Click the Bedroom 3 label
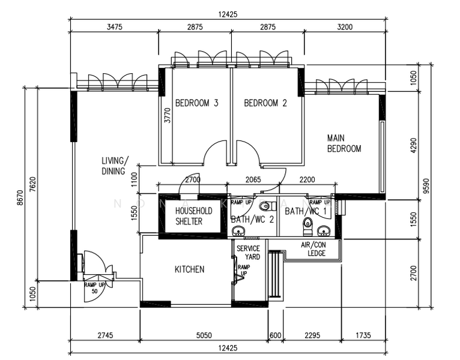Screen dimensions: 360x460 pos(196,103)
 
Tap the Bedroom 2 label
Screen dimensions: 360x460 pos(265,103)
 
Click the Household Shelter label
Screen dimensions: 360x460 pos(193,216)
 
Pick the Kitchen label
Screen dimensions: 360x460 pos(189,269)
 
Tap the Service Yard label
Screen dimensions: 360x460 pos(248,253)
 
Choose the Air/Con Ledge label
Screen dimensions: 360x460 pos(313,249)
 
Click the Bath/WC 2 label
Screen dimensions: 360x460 pos(252,220)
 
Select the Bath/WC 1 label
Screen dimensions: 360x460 pos(306,211)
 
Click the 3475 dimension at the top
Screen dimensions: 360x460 pos(114,27)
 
